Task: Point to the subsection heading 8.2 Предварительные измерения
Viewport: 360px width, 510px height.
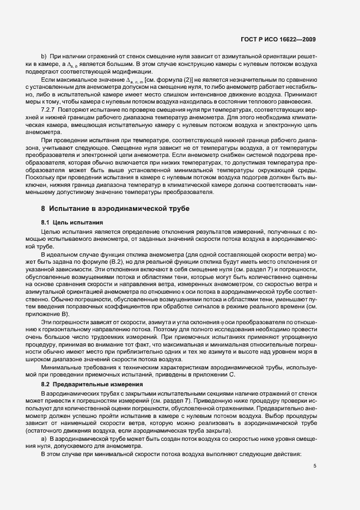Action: (x=84, y=385)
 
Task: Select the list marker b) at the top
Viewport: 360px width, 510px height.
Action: (x=44, y=57)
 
